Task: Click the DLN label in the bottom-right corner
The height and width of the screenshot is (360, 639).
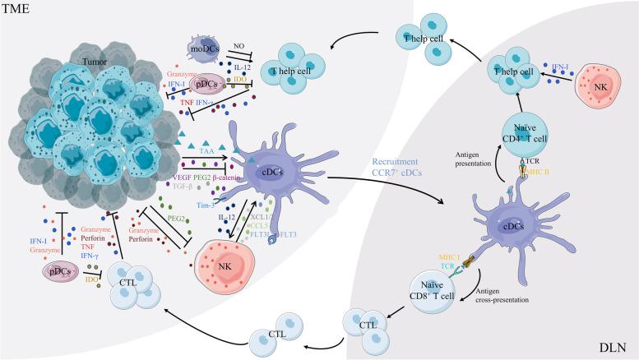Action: click(618, 349)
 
